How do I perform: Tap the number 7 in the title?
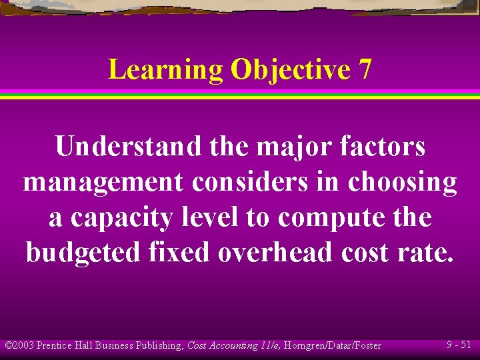365,69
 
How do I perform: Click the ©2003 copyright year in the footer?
19,345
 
